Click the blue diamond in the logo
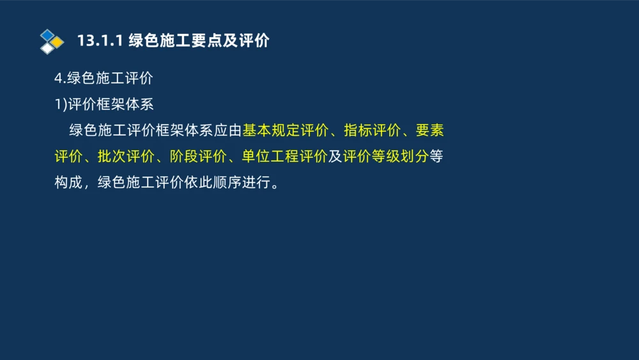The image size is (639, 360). tap(48, 35)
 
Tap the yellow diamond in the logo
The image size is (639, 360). tap(58, 42)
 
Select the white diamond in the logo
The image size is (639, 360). tap(48, 48)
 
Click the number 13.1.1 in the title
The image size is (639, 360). tap(99, 41)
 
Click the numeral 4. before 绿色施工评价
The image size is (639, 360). tap(59, 79)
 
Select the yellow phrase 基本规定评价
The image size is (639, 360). tap(285, 131)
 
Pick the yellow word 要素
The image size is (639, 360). tap(429, 131)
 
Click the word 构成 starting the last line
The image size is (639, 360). tap(68, 184)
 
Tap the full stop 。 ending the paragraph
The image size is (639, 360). tap(275, 185)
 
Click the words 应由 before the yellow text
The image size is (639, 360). tap(227, 131)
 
